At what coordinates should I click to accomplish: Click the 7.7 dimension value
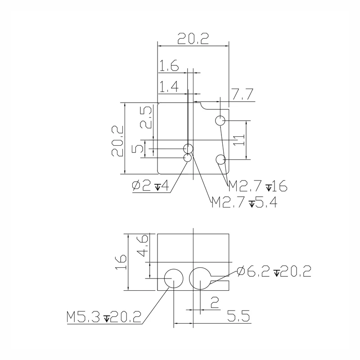tap(243, 94)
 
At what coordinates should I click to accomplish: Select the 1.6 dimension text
tap(169, 65)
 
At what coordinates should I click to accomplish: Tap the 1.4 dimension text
tap(169, 86)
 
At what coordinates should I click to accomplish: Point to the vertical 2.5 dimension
tap(146, 117)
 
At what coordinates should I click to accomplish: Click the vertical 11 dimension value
tap(239, 140)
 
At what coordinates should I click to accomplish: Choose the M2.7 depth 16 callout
tap(258, 186)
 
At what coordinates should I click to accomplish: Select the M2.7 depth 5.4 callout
tap(244, 202)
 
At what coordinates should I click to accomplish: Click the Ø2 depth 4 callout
tap(151, 186)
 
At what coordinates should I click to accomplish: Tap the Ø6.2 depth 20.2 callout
tap(274, 271)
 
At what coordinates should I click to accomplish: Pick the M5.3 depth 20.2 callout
tap(104, 317)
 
